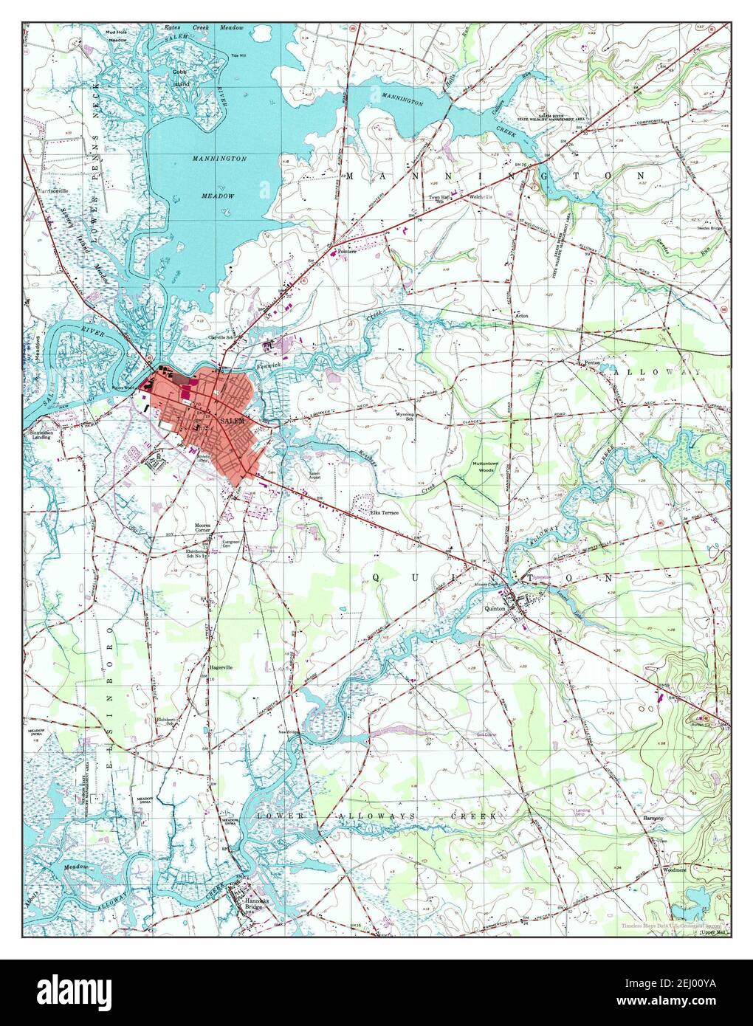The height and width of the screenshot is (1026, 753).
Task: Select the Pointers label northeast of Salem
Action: (x=347, y=252)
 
